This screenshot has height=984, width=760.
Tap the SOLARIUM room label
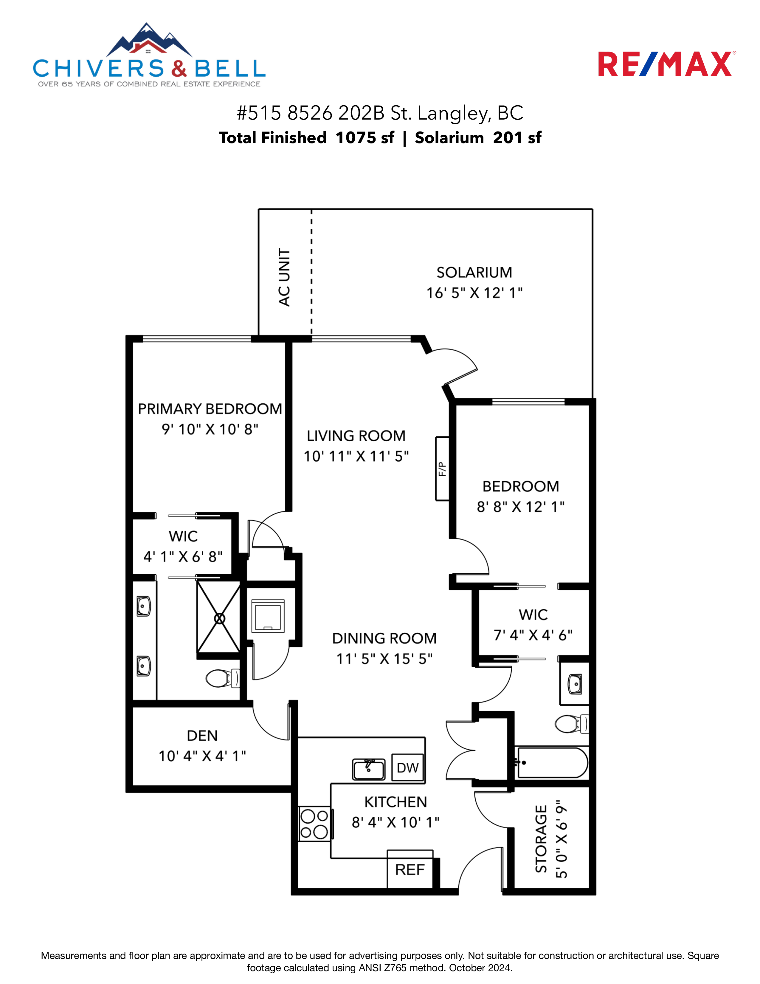pyautogui.click(x=474, y=273)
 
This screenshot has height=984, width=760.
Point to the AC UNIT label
pyautogui.click(x=284, y=277)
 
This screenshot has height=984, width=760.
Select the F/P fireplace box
pyautogui.click(x=443, y=468)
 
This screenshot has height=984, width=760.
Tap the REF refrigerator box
pyautogui.click(x=410, y=869)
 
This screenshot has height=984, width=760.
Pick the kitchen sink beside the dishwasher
pyautogui.click(x=369, y=769)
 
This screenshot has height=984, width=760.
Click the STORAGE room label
pyautogui.click(x=541, y=838)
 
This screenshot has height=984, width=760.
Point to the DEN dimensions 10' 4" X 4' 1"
pyautogui.click(x=202, y=756)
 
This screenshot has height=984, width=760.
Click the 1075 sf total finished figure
pyautogui.click(x=365, y=137)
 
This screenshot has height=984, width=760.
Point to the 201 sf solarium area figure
pyautogui.click(x=517, y=137)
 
